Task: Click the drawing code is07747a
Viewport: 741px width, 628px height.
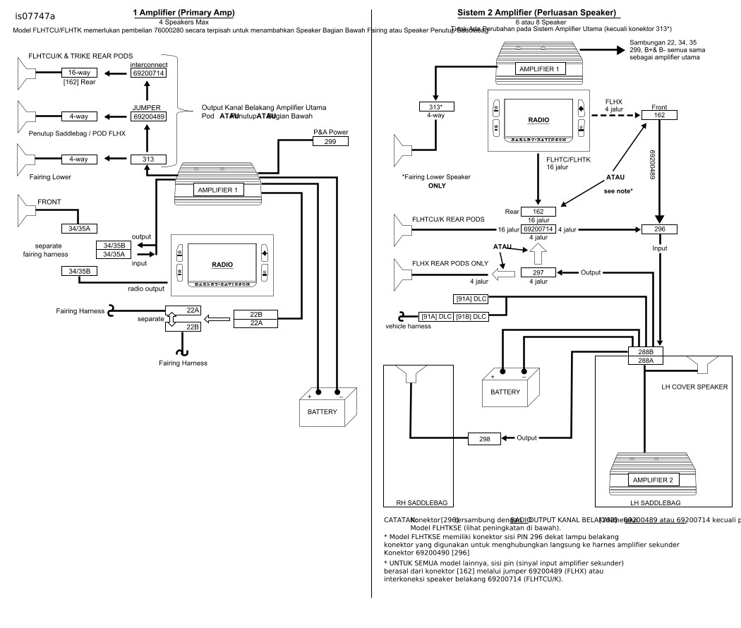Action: click(x=35, y=16)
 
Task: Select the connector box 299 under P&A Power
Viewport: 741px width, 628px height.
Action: click(x=330, y=142)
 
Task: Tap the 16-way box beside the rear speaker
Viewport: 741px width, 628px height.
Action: click(x=78, y=73)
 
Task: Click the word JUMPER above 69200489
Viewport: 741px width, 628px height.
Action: click(x=146, y=107)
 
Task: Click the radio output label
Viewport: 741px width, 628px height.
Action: click(x=147, y=288)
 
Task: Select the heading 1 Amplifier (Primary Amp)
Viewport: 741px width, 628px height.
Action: click(x=183, y=13)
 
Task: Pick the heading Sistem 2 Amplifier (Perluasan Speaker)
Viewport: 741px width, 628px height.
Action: click(x=537, y=13)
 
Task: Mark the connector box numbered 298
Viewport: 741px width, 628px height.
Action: click(x=486, y=439)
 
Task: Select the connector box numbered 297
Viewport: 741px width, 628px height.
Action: click(x=538, y=272)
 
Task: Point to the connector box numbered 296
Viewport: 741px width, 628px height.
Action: click(x=658, y=229)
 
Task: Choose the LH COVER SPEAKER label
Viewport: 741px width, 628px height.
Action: click(x=694, y=387)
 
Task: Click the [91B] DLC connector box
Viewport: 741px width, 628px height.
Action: click(x=471, y=316)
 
